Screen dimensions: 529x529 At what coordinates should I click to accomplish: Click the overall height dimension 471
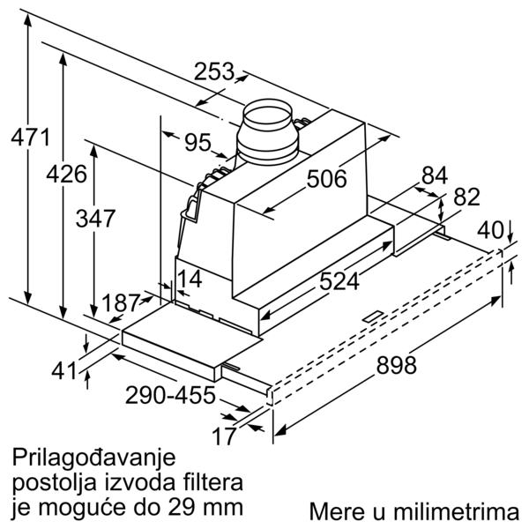[x=30, y=137]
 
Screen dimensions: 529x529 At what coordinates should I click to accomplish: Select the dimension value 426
[x=66, y=174]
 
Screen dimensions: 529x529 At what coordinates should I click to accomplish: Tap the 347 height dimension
[x=95, y=218]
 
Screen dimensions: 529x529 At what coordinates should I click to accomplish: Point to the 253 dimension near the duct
[x=214, y=71]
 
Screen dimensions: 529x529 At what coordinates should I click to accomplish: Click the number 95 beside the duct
[x=197, y=142]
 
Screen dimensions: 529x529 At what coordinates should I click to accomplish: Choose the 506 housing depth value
[x=326, y=178]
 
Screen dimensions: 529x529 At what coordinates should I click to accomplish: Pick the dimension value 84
[x=435, y=175]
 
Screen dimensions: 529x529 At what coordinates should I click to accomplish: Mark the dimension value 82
[x=466, y=197]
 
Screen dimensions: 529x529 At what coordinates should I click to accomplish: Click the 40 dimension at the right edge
[x=490, y=230]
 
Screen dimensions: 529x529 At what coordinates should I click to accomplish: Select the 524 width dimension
[x=339, y=281]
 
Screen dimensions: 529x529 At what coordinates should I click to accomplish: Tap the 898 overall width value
[x=397, y=365]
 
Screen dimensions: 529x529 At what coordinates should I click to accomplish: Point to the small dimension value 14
[x=190, y=279]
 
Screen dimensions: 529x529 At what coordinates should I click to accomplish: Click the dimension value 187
[x=121, y=302]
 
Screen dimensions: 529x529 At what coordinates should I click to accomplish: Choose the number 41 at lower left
[x=64, y=371]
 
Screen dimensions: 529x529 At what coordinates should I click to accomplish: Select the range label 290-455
[x=170, y=395]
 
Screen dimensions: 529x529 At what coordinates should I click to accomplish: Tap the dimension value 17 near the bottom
[x=223, y=436]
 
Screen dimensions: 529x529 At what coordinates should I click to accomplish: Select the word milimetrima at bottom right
[x=456, y=511]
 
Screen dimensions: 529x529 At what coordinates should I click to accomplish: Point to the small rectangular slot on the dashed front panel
[x=372, y=317]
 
